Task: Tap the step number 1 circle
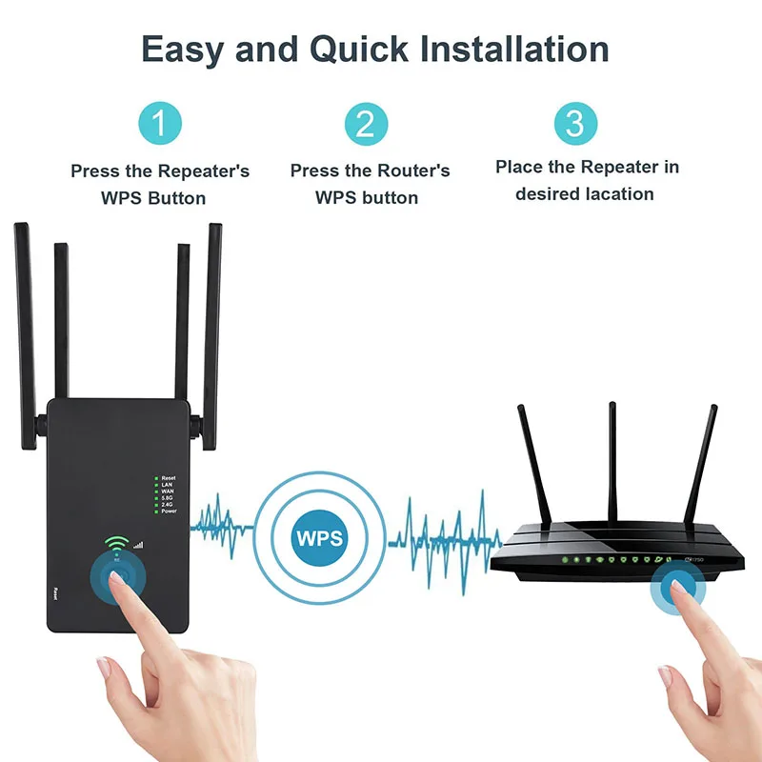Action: point(160,124)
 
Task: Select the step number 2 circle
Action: point(366,124)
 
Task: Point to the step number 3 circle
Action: point(574,124)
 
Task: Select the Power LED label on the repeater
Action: point(169,511)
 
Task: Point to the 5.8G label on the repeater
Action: point(168,498)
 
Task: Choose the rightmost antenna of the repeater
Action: point(214,324)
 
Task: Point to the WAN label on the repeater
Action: point(168,491)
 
